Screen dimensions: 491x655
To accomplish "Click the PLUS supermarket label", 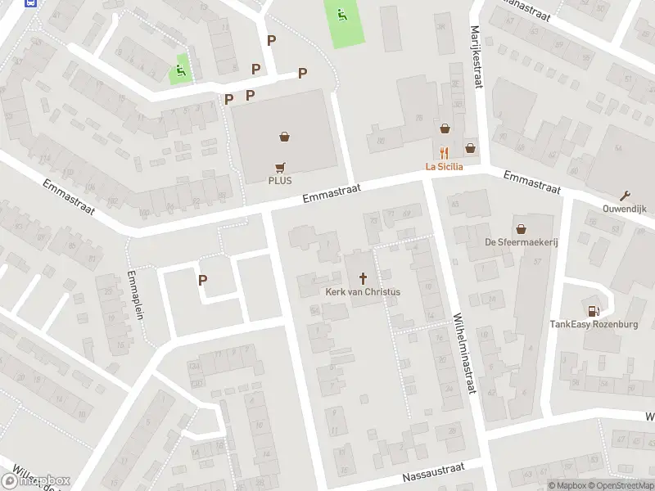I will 280,181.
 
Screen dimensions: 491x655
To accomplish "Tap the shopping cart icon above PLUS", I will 280,166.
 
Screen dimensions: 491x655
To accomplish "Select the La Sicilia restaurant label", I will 444,167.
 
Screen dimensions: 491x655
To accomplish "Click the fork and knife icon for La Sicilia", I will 444,152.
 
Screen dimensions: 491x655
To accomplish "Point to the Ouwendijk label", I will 626,208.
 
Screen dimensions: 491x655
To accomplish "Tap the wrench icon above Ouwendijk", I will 626,195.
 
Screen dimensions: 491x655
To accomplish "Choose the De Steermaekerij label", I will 521,242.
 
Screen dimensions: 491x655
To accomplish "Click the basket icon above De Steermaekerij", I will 521,228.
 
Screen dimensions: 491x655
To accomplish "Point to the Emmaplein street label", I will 135,295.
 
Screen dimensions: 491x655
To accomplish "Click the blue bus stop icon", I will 31,3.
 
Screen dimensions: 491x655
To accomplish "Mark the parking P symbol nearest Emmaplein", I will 203,280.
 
